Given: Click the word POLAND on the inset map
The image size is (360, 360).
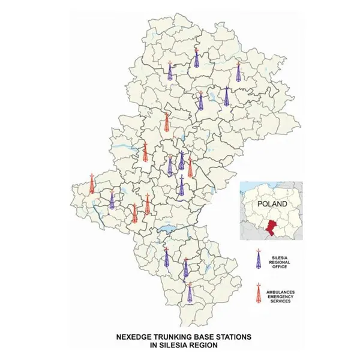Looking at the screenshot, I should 272,203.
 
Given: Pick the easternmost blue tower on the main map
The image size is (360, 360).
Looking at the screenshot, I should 239,71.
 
